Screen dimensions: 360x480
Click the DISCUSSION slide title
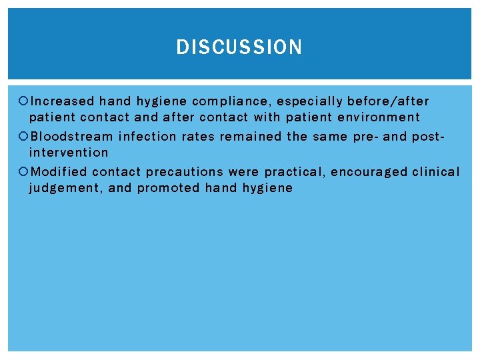[x=239, y=47]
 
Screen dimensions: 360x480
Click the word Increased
[x=63, y=101]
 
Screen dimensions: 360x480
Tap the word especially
[x=309, y=101]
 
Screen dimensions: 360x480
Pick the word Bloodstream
[x=72, y=137]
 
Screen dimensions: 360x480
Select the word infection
[x=147, y=137]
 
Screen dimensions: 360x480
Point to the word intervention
[x=68, y=153]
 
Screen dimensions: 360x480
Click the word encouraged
[x=369, y=172]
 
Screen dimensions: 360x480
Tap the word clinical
[x=436, y=172]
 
